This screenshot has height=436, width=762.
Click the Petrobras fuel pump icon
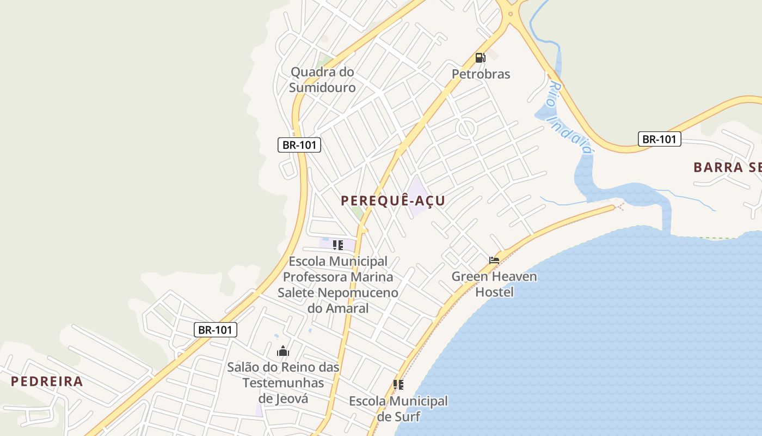(x=480, y=58)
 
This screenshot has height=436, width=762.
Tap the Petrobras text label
(x=481, y=74)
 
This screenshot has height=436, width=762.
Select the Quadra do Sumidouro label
(x=322, y=80)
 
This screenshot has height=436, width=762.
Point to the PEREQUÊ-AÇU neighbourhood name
(x=393, y=201)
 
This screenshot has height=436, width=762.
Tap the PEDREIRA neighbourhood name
(x=47, y=381)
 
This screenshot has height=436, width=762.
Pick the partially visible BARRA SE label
(x=727, y=167)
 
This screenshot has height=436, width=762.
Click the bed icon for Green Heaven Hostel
(x=494, y=261)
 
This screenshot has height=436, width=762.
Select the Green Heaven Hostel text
(x=494, y=284)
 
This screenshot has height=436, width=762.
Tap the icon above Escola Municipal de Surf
(x=398, y=385)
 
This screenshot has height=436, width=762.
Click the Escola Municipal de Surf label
(x=398, y=409)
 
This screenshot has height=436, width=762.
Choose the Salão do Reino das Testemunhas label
(x=283, y=383)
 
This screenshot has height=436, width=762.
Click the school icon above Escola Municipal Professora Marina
(x=338, y=245)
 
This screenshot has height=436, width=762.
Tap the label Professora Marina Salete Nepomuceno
(x=338, y=284)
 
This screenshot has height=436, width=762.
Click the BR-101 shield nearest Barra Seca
(x=659, y=139)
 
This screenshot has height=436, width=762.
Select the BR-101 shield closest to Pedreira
(x=216, y=330)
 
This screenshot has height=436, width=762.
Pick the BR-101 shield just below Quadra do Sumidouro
(x=299, y=145)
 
